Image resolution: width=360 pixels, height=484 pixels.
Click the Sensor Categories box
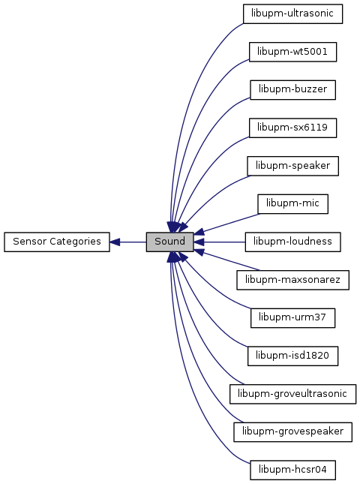(x=57, y=242)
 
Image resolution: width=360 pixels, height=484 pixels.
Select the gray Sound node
(x=170, y=242)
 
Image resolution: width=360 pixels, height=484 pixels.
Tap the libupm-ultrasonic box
(x=292, y=14)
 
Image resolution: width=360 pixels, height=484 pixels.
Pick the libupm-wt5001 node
(x=292, y=52)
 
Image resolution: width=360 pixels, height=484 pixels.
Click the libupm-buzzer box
(x=292, y=90)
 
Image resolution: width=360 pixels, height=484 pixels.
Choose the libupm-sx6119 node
(x=292, y=128)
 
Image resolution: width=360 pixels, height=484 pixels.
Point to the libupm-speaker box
(x=292, y=166)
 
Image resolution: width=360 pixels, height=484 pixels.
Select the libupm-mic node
(x=292, y=203)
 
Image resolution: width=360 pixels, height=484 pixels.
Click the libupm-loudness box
(x=292, y=242)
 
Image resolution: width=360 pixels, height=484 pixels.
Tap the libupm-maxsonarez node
(x=292, y=280)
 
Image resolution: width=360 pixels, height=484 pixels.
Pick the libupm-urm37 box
(x=292, y=318)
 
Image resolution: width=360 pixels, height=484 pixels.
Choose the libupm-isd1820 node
(x=292, y=356)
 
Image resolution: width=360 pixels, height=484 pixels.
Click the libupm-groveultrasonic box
(x=292, y=394)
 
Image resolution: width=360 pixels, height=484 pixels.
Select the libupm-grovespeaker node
(x=292, y=431)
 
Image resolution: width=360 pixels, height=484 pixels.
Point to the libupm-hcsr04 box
(x=292, y=470)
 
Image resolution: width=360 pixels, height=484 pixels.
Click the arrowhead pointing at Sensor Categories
(x=115, y=242)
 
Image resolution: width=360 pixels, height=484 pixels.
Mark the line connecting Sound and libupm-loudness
(x=224, y=242)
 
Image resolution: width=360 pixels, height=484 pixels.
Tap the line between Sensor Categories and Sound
(x=133, y=242)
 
